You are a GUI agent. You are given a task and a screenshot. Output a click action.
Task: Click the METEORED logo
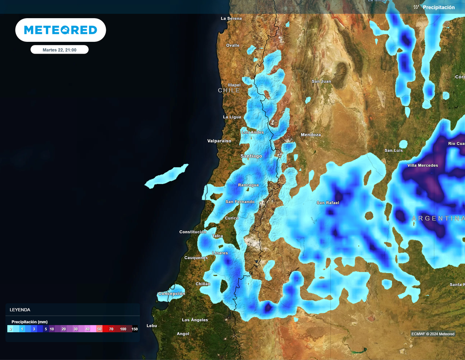[60, 30]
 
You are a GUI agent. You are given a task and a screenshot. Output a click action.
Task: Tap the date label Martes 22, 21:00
[59, 50]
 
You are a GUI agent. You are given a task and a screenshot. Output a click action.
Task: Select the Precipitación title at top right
[438, 7]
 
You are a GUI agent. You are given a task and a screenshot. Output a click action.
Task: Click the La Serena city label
[231, 19]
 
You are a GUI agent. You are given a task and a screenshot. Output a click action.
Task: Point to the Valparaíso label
[219, 141]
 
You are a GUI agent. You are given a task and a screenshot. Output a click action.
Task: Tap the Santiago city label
[251, 156]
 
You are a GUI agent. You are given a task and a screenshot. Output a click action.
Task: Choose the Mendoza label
[311, 135]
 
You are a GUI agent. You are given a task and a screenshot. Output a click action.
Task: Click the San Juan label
[321, 81]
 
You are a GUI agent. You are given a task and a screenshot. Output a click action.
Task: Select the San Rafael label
[328, 203]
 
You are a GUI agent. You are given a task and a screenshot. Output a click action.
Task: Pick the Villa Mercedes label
[423, 165]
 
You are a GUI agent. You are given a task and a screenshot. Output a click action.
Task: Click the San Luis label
[394, 150]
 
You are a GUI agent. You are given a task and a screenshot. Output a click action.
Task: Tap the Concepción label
[172, 294]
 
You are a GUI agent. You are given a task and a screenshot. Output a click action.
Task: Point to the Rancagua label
[248, 185]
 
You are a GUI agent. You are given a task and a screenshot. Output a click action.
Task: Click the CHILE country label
[229, 90]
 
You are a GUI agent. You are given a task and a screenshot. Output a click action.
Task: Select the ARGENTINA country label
[438, 219]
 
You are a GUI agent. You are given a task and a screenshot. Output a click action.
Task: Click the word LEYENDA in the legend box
[20, 310]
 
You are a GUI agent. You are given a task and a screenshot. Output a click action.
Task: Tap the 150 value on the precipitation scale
[134, 329]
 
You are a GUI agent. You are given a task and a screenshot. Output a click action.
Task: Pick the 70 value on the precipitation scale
[111, 329]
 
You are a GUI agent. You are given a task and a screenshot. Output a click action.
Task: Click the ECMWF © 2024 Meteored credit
[433, 334]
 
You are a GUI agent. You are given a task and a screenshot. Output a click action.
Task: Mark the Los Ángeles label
[195, 320]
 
